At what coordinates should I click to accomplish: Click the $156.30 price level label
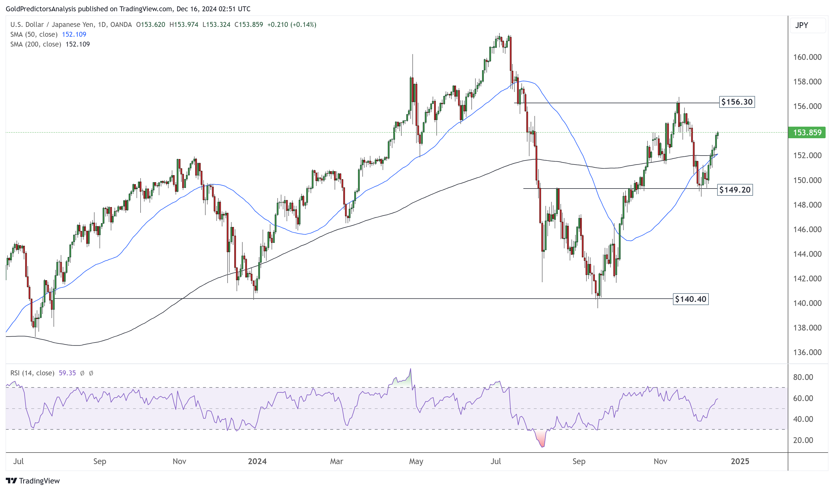click(x=737, y=102)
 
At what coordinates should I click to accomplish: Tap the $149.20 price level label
click(x=735, y=190)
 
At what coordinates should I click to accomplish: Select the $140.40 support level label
click(x=690, y=299)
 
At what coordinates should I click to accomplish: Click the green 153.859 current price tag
click(x=807, y=133)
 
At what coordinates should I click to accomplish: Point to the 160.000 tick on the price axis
click(x=807, y=57)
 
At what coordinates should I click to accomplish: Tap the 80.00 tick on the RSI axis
click(x=803, y=377)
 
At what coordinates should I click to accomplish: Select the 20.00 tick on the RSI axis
click(x=803, y=440)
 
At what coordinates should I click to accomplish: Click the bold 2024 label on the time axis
click(x=257, y=461)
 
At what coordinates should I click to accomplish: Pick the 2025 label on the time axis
click(x=740, y=461)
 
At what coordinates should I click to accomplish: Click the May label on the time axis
click(x=416, y=461)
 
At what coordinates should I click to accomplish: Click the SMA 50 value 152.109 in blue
click(x=74, y=34)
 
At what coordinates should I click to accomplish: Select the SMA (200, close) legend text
click(x=36, y=44)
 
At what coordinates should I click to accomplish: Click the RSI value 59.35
click(x=67, y=373)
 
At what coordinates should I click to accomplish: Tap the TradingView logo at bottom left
click(x=33, y=481)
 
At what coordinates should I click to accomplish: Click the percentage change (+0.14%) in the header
click(x=303, y=25)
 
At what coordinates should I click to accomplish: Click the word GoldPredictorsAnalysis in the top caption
click(x=41, y=9)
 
